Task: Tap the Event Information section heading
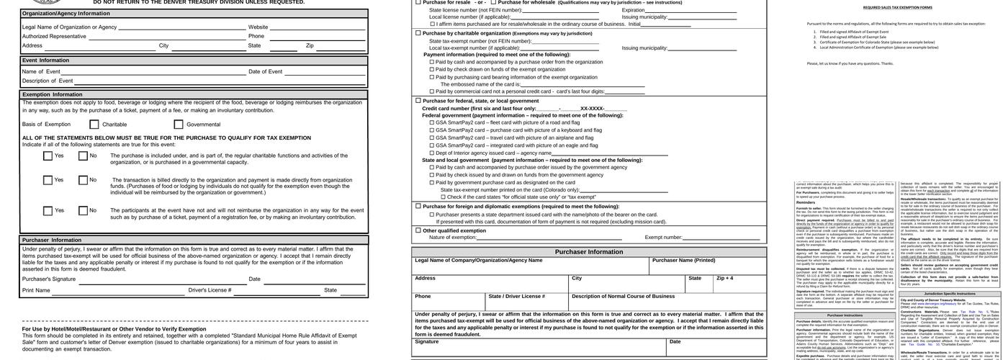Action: [45, 60]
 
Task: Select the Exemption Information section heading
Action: [53, 94]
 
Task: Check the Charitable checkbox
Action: [94, 125]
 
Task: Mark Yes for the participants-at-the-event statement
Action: [48, 211]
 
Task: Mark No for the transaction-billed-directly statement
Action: [84, 180]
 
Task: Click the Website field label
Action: [258, 27]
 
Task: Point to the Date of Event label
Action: [266, 71]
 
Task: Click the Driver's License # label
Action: [210, 290]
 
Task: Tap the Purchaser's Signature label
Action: [49, 279]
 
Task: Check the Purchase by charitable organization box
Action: [418, 33]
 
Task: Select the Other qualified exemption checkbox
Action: [418, 230]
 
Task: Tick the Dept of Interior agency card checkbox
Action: [432, 153]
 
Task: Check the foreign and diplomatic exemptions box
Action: [418, 207]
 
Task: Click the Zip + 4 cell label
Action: [725, 279]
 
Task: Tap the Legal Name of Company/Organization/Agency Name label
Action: [479, 261]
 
